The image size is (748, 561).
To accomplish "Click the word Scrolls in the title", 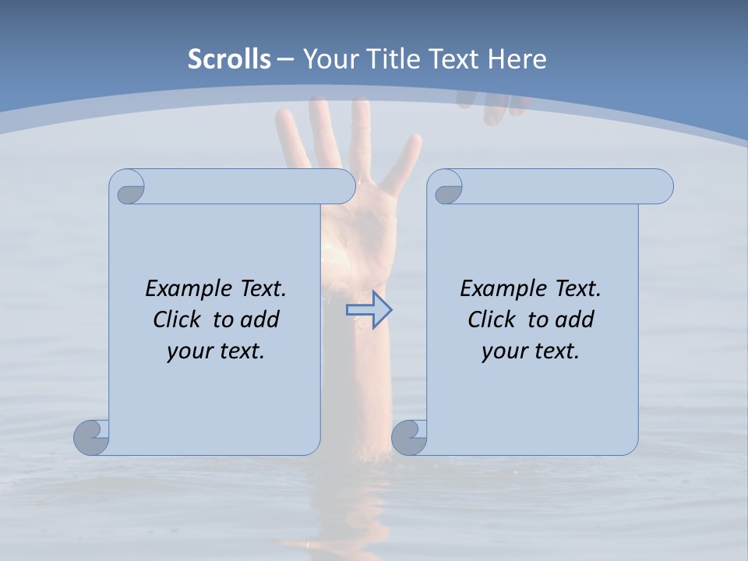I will click(230, 59).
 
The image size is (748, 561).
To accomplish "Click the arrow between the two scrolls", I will click(369, 310).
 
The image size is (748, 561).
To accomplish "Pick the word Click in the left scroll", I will click(176, 319).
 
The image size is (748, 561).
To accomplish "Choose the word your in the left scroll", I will click(188, 351).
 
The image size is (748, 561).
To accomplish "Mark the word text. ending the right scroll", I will click(554, 351).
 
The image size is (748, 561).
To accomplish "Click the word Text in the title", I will click(453, 59).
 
